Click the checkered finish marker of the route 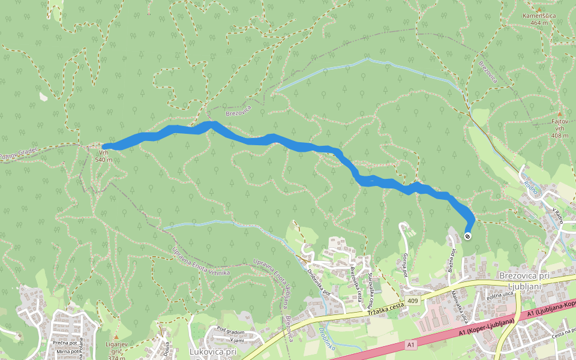(x=467, y=236)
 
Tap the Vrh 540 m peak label (x=103, y=156)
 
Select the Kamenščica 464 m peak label (x=539, y=19)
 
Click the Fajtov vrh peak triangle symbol (x=560, y=114)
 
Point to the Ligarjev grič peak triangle (x=116, y=337)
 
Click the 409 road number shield (x=412, y=300)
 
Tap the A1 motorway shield (x=410, y=344)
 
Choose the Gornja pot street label (x=406, y=264)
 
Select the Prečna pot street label (x=63, y=343)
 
